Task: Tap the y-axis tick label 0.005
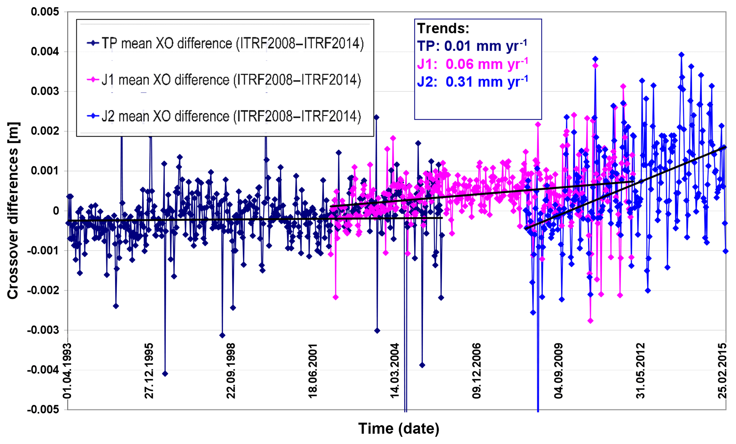pos(45,12)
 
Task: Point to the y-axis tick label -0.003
pos(43,330)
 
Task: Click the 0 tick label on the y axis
pos(56,211)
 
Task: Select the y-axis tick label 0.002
pos(45,131)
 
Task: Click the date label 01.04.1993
pos(68,371)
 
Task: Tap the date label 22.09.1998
pos(231,371)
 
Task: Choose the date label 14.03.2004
pos(395,371)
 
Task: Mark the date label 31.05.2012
pos(641,371)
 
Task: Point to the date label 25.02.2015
pos(722,371)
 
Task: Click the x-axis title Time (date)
pos(398,428)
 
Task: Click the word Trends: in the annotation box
pos(443,28)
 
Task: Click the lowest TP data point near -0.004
pos(165,374)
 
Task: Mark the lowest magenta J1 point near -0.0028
pos(590,321)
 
